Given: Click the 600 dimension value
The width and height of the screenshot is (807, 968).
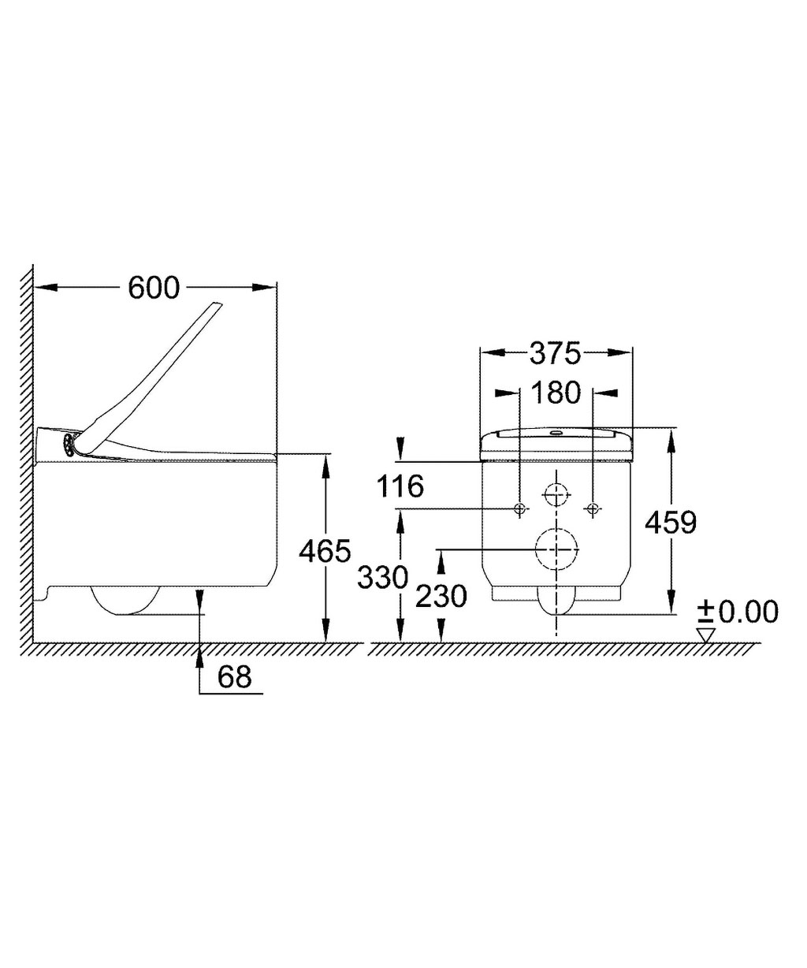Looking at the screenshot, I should pyautogui.click(x=154, y=289).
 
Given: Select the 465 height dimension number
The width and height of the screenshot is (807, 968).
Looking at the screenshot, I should pyautogui.click(x=325, y=551).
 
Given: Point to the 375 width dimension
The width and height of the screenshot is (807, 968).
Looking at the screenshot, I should pyautogui.click(x=555, y=354).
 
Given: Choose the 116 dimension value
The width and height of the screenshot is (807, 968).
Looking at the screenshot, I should pyautogui.click(x=400, y=486).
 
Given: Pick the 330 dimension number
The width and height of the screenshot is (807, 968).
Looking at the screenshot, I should pyautogui.click(x=383, y=578).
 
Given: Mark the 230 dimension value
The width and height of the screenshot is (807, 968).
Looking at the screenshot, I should pyautogui.click(x=442, y=597).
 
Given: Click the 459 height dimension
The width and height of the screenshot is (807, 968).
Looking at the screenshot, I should pyautogui.click(x=671, y=521).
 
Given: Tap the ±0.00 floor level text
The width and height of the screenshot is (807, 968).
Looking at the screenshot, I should pyautogui.click(x=738, y=611).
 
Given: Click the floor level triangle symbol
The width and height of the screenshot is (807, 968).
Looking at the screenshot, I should pyautogui.click(x=706, y=634).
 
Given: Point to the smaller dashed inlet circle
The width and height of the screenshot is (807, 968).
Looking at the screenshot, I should pyautogui.click(x=556, y=495).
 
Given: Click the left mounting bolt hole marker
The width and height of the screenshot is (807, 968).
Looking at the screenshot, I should pyautogui.click(x=519, y=508).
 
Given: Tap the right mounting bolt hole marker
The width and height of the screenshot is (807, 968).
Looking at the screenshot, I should pyautogui.click(x=594, y=508).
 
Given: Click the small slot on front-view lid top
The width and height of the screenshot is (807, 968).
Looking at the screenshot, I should pyautogui.click(x=556, y=432).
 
